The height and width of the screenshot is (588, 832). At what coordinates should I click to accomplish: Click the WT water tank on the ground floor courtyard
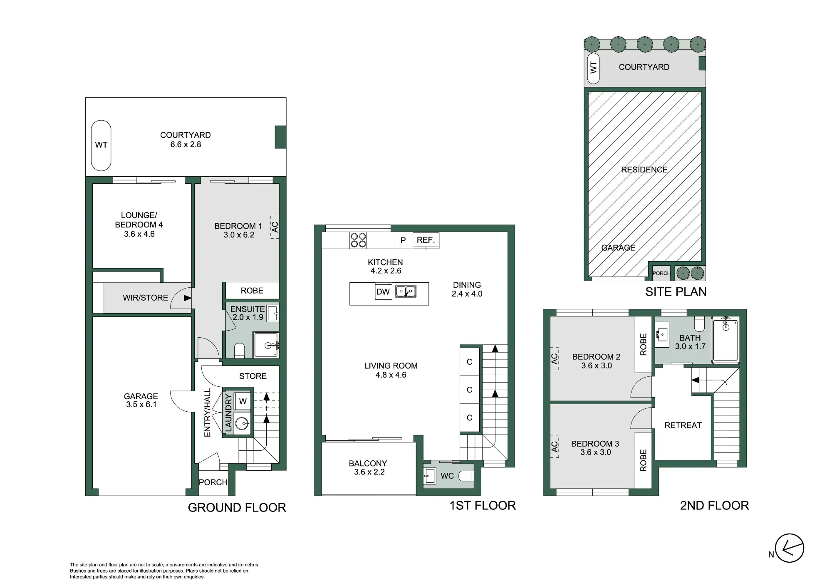(x=101, y=145)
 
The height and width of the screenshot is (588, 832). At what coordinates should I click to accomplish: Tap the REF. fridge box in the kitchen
(x=426, y=240)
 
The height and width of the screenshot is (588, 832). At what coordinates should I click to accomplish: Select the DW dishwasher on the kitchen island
(x=383, y=292)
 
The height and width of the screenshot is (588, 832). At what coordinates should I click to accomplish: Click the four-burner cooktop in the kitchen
(x=358, y=240)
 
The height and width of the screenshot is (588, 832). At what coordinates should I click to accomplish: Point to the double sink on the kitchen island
(x=406, y=291)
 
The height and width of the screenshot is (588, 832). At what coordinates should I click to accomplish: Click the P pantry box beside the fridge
(x=403, y=240)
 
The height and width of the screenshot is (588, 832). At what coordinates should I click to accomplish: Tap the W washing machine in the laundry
(x=243, y=401)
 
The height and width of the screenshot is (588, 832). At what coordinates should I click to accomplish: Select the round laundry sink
(x=243, y=424)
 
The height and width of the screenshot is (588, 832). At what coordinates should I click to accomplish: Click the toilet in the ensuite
(x=239, y=351)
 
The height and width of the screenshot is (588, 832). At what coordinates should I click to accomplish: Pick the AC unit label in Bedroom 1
(x=275, y=227)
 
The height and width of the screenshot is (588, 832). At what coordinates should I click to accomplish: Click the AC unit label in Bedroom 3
(x=554, y=446)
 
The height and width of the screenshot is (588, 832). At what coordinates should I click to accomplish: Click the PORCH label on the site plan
(x=661, y=273)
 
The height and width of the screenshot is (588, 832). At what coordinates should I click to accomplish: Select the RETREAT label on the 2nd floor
(x=683, y=425)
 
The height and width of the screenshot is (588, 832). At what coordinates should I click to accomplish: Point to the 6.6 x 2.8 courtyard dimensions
(x=186, y=144)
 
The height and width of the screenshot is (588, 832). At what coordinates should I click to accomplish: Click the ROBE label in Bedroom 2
(x=643, y=345)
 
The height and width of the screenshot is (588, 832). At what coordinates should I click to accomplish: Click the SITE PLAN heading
(x=676, y=292)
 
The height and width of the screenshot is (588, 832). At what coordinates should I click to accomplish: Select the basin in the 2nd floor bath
(x=661, y=334)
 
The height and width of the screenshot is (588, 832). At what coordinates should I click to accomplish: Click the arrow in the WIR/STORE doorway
(x=187, y=298)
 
